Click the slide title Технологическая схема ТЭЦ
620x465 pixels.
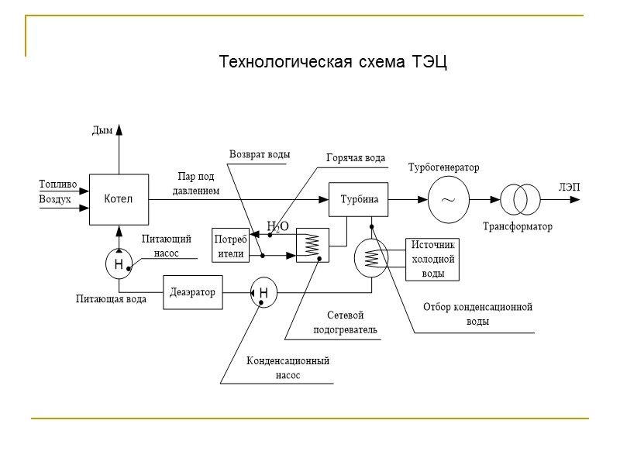coord(333,61)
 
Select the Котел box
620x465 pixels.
coord(119,199)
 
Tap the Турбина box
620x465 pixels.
coord(359,199)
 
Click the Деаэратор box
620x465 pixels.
coord(191,292)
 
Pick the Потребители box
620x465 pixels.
coord(231,246)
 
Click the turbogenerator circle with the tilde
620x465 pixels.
coord(448,199)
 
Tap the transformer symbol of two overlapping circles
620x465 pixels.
coord(518,199)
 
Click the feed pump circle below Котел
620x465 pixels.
coord(119,264)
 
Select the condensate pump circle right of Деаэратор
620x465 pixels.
coord(263,292)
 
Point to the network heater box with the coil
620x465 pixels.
coord(313,246)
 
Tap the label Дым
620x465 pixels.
coord(102,131)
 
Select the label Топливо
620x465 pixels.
coord(57,184)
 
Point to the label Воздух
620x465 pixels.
coord(55,199)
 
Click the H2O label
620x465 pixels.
coord(277,226)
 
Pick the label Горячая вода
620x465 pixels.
coord(355,158)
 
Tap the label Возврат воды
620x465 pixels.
coord(260,154)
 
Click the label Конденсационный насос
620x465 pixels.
coord(288,368)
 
